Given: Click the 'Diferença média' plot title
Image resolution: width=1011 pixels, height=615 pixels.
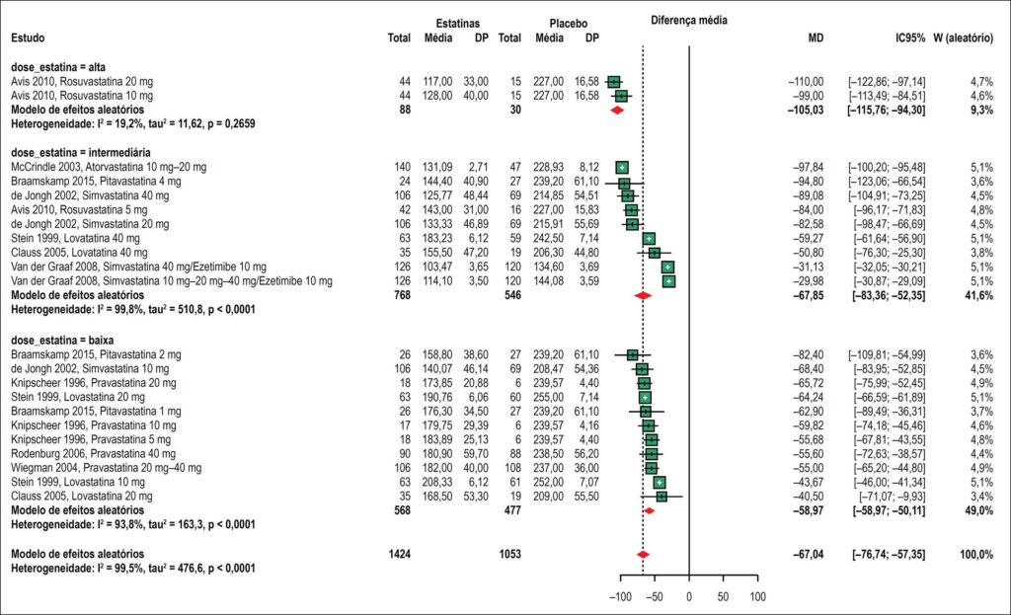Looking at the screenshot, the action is pyautogui.click(x=688, y=21).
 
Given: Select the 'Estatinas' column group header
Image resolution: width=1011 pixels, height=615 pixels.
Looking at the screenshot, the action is pyautogui.click(x=458, y=24).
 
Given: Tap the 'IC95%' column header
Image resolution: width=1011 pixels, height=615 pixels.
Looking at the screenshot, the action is pyautogui.click(x=909, y=38).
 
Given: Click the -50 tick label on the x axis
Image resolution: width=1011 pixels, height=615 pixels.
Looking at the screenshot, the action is pyautogui.click(x=655, y=597).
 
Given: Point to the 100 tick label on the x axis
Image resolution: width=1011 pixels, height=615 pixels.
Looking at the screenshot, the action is pyautogui.click(x=757, y=597).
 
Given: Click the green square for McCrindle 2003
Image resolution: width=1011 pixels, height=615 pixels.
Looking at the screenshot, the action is pyautogui.click(x=622, y=168).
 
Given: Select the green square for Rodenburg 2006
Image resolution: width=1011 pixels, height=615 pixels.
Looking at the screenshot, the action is pyautogui.click(x=652, y=454).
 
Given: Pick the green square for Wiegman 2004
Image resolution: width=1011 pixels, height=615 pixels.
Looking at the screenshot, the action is pyautogui.click(x=652, y=468).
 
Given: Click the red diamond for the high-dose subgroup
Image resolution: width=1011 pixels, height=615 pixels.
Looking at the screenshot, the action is pyautogui.click(x=617, y=111).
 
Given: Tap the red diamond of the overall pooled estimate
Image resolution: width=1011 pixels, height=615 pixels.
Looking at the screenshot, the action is pyautogui.click(x=643, y=555).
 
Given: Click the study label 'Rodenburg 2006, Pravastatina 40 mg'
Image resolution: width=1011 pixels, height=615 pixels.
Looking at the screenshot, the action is pyautogui.click(x=94, y=454).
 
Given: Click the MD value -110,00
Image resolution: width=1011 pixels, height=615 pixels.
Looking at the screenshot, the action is pyautogui.click(x=806, y=82).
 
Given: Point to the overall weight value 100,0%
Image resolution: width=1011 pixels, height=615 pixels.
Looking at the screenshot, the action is pyautogui.click(x=976, y=555).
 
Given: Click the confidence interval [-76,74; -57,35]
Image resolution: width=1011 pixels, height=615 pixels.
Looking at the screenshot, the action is pyautogui.click(x=889, y=555).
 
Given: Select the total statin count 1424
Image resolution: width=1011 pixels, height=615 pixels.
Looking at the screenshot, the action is pyautogui.click(x=400, y=555).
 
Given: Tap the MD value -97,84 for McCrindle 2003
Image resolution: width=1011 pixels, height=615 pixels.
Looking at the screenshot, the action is pyautogui.click(x=809, y=168).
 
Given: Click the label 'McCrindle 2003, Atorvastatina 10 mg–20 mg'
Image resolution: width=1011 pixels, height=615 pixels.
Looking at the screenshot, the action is pyautogui.click(x=109, y=168).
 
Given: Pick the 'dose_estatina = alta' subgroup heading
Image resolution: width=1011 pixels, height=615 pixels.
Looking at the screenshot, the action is pyautogui.click(x=58, y=67).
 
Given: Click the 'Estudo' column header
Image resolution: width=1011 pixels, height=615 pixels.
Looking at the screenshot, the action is pyautogui.click(x=28, y=38).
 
